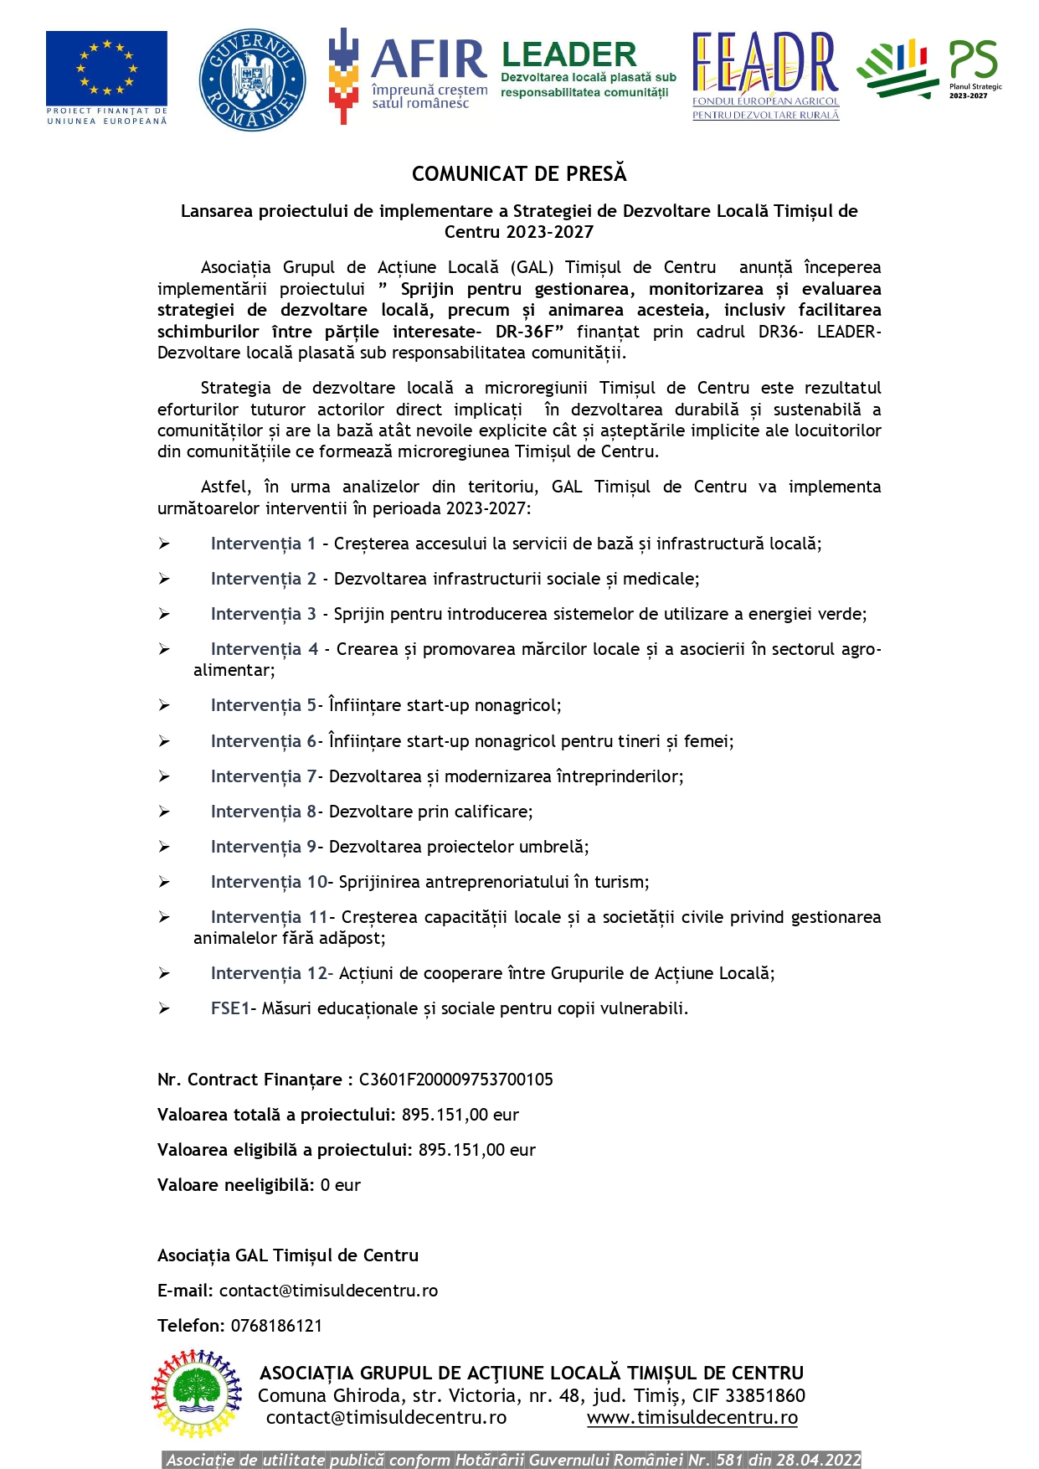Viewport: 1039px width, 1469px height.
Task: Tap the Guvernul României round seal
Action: (252, 80)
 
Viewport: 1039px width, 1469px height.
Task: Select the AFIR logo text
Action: (428, 59)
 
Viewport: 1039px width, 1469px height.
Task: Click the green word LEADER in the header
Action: (568, 55)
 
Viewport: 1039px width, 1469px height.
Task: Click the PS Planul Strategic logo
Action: (929, 70)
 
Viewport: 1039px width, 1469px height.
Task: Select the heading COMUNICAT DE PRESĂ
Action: (519, 173)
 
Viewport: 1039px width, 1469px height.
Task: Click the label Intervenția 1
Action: (263, 544)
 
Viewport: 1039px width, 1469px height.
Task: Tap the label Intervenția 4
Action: (265, 649)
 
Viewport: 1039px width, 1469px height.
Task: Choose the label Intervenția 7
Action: (264, 776)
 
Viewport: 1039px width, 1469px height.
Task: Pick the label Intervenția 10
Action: (269, 882)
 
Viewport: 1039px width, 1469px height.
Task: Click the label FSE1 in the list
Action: (230, 1008)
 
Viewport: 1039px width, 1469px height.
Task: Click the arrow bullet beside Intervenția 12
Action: (164, 973)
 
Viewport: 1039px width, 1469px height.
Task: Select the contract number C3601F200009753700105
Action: (455, 1080)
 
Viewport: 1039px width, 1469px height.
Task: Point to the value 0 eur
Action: (340, 1185)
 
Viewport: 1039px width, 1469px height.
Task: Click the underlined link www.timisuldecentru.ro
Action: (692, 1417)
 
